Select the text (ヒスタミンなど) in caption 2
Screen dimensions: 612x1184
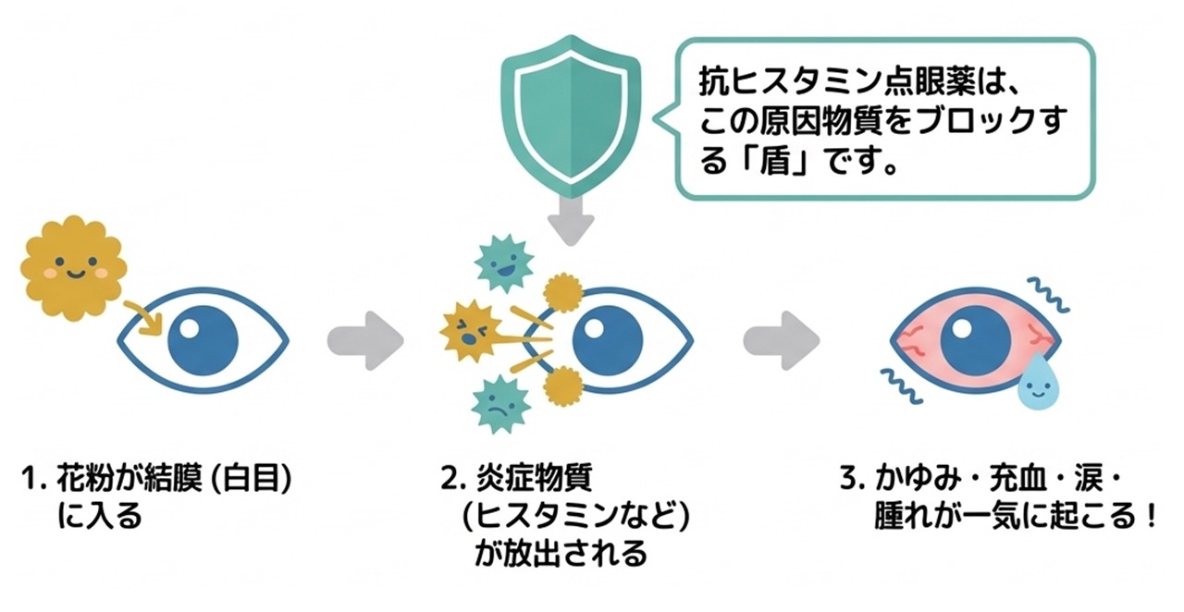point(575,517)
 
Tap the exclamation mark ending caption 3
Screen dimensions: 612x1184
point(1150,517)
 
